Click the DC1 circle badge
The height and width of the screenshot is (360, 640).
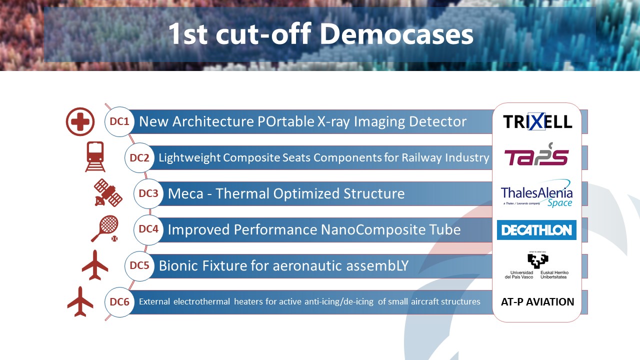pos(119,121)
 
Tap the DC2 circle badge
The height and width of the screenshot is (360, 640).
pos(139,157)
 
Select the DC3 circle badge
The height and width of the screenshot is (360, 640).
pos(148,193)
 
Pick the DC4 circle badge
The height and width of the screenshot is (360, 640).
pos(148,229)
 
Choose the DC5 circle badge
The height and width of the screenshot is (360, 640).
pos(139,265)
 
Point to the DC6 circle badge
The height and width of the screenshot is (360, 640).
pos(119,301)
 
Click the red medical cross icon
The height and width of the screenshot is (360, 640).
pos(80,121)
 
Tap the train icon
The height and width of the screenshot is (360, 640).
pos(95,157)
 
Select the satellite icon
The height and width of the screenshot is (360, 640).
pos(108,193)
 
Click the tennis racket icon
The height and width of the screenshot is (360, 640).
pos(105,228)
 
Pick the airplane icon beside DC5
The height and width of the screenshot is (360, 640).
pos(95,265)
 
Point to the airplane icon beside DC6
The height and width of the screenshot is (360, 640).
pos(80,301)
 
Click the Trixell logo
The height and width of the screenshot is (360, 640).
pos(537,121)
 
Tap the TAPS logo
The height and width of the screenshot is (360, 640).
pos(536,154)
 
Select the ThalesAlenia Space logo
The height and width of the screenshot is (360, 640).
pos(536,193)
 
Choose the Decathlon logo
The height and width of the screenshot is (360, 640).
pos(536,230)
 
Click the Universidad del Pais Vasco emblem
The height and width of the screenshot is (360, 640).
pos(536,265)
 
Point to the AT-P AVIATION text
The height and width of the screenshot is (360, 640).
pos(537,301)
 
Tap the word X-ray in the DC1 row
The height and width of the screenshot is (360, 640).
pos(334,121)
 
